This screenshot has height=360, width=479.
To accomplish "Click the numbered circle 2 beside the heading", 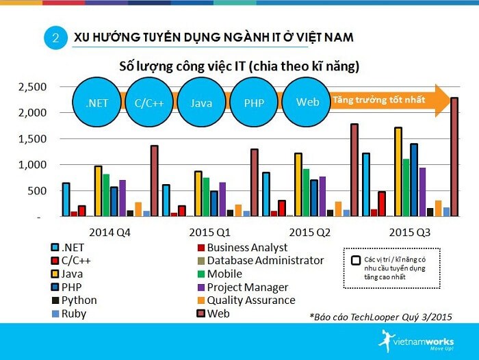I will tap(55, 38).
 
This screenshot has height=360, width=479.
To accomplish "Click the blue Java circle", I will tap(200, 103).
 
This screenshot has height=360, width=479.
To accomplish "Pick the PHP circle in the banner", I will tap(253, 103).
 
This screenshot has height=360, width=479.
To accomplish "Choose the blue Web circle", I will tap(306, 102).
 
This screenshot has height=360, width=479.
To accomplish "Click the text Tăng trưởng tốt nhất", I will tap(378, 100).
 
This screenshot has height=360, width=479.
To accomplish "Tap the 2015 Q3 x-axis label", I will tap(409, 231).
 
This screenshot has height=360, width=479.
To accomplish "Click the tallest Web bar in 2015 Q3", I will tap(454, 157).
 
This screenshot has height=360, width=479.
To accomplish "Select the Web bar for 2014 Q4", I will tap(155, 181).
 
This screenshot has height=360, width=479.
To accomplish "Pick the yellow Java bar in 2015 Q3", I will tap(398, 172).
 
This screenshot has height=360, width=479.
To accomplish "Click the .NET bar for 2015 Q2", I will tap(266, 194).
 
